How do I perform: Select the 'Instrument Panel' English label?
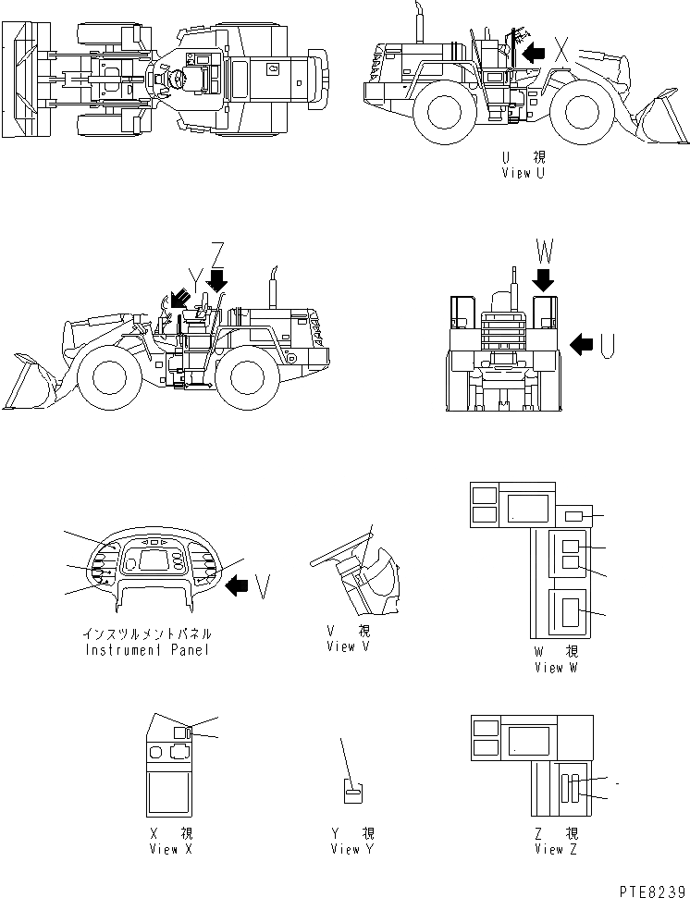coord(147,649)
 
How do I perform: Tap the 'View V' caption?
coord(347,646)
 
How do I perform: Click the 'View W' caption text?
coord(555,668)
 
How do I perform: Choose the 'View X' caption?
coord(170,849)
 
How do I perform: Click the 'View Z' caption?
coord(555,849)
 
